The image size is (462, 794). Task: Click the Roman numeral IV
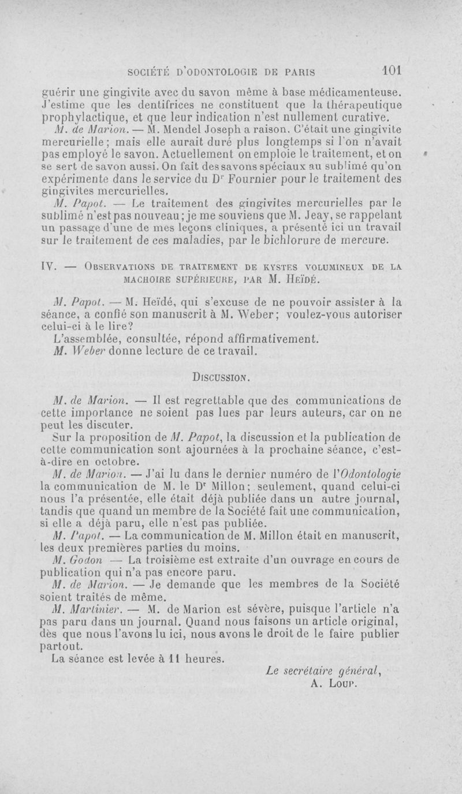tap(48, 268)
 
